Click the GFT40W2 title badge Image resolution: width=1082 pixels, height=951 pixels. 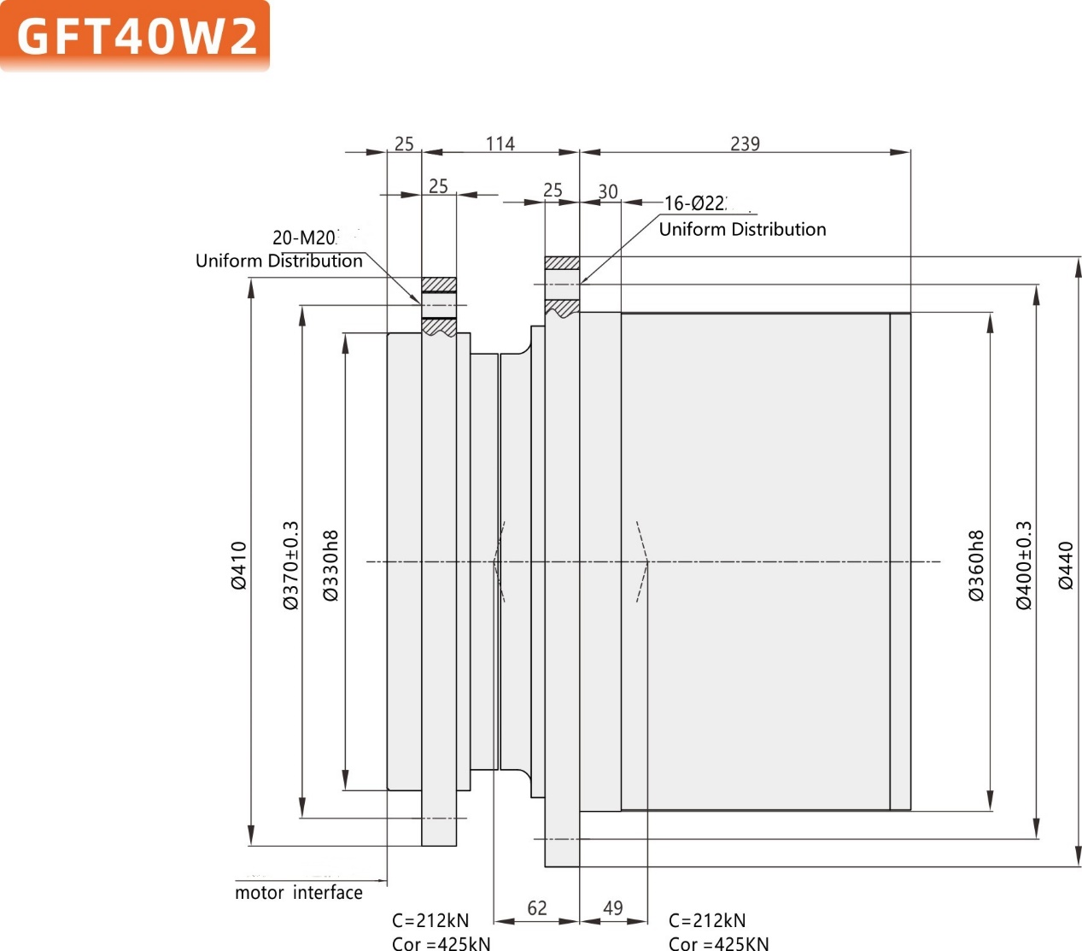(x=135, y=37)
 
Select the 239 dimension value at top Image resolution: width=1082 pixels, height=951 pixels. (x=745, y=144)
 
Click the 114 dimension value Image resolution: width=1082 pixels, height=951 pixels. (x=500, y=144)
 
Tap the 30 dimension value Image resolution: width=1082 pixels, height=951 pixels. (x=608, y=191)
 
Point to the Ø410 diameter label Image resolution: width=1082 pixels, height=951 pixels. (x=239, y=565)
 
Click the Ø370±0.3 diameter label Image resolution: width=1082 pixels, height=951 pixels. (x=291, y=565)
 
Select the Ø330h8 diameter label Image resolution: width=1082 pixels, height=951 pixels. (x=331, y=565)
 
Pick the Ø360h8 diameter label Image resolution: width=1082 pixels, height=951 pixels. (x=977, y=565)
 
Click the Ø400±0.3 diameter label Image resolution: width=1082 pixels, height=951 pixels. (x=1024, y=565)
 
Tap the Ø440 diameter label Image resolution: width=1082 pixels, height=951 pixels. (x=1066, y=565)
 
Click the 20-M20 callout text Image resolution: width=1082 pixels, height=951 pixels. (x=305, y=238)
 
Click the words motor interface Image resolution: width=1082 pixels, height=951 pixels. (x=299, y=893)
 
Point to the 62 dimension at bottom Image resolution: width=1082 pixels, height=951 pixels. (x=536, y=907)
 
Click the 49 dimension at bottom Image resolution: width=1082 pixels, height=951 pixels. (x=613, y=907)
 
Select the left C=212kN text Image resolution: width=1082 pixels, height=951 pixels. (x=430, y=920)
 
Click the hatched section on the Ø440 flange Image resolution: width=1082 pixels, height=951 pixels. (x=562, y=262)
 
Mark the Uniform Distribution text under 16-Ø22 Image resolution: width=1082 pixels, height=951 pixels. (x=742, y=229)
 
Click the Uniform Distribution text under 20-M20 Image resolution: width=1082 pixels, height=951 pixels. (x=279, y=261)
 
